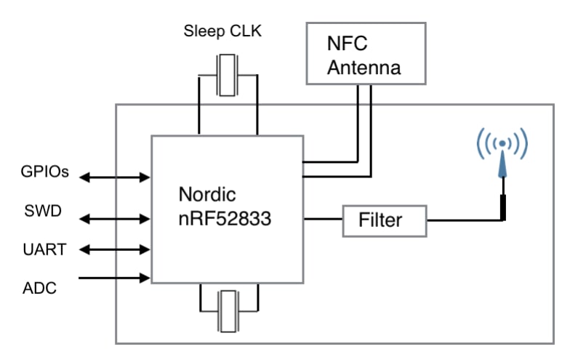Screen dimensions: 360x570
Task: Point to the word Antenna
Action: [364, 69]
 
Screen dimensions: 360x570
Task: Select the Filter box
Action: [384, 219]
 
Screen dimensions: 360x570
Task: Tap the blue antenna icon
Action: [501, 153]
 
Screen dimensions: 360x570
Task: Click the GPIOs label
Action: [44, 173]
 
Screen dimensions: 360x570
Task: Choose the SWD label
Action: [41, 212]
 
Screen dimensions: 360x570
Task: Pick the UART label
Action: [44, 249]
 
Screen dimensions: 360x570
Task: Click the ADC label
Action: [38, 288]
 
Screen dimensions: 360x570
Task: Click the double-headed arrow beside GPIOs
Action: [114, 177]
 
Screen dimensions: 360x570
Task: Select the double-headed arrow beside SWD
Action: [114, 217]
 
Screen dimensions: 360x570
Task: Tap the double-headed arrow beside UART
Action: [114, 249]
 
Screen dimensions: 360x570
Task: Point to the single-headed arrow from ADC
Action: [114, 277]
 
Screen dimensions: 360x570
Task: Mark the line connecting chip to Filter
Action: [323, 219]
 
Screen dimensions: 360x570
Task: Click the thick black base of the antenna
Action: [502, 207]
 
